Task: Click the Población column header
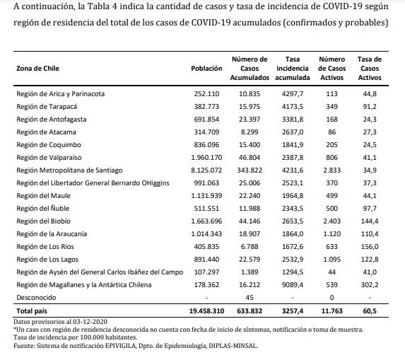(206, 69)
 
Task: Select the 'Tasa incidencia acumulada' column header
(293, 69)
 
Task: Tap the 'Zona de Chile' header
(37, 69)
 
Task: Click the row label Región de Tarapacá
(47, 107)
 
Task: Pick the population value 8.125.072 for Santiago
(206, 170)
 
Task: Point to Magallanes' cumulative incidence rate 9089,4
(293, 285)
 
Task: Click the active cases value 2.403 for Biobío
(332, 221)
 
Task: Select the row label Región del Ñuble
(43, 209)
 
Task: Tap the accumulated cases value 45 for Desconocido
(250, 298)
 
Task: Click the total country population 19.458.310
(206, 311)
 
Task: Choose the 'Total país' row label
(32, 311)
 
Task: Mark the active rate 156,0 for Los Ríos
(370, 247)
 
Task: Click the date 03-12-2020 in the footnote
(90, 322)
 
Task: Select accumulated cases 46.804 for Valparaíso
(250, 158)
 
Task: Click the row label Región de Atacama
(46, 132)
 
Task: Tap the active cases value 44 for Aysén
(332, 272)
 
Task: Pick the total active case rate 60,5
(370, 311)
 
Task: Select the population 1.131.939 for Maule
(206, 196)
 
